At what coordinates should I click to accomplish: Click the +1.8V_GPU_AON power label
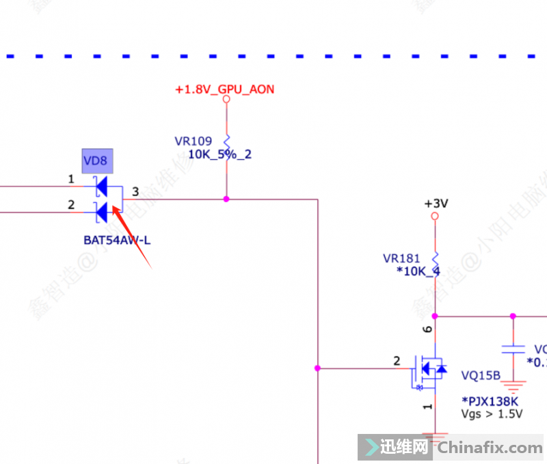(225, 90)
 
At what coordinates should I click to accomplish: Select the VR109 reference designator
(194, 141)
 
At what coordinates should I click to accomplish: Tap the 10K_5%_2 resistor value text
(219, 154)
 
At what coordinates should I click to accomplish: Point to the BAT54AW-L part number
(117, 240)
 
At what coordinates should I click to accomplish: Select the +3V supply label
(436, 204)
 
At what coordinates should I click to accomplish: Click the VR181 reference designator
(401, 258)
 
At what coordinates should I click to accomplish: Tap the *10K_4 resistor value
(418, 271)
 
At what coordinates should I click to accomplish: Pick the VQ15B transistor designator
(481, 375)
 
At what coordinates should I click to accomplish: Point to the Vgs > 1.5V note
(492, 414)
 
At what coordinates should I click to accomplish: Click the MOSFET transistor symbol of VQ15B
(429, 369)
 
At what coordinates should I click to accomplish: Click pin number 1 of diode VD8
(71, 179)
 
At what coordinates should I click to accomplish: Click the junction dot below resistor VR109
(226, 200)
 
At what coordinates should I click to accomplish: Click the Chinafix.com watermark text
(490, 448)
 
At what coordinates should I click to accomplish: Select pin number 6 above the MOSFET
(428, 329)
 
